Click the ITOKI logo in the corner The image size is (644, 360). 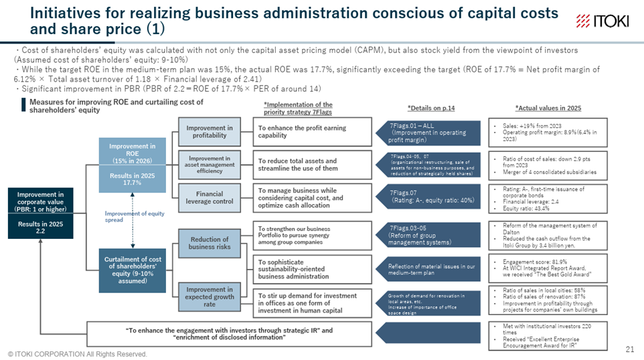(602, 21)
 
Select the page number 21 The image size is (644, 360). (629, 349)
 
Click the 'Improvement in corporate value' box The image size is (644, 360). (39, 210)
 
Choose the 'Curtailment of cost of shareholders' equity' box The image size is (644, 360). (133, 270)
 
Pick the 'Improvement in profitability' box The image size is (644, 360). (209, 132)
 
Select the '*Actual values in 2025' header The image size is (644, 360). (548, 108)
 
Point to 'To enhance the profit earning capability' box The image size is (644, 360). (312, 132)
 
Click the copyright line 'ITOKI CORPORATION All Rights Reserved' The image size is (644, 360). (78, 353)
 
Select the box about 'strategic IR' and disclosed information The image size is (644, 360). (229, 333)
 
